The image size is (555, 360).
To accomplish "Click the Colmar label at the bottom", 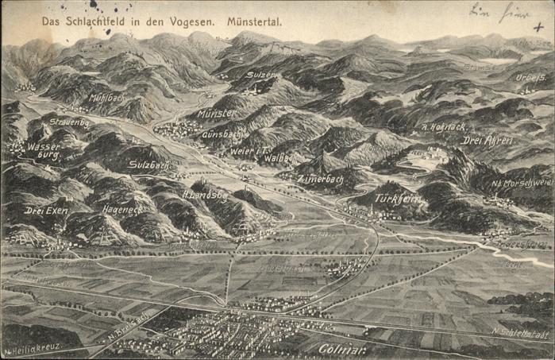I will [342, 347].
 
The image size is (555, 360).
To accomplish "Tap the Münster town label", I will [217, 114].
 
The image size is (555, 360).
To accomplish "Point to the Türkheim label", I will [397, 197].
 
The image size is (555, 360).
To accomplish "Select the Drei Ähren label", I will [488, 140].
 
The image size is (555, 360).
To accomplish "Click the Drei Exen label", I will [46, 211].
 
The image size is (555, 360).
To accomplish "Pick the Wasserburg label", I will [43, 150].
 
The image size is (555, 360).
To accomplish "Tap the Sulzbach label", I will [149, 165].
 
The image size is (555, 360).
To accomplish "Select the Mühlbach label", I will [107, 98].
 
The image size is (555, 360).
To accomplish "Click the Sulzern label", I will [261, 75].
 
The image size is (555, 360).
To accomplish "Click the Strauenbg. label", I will [69, 122].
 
